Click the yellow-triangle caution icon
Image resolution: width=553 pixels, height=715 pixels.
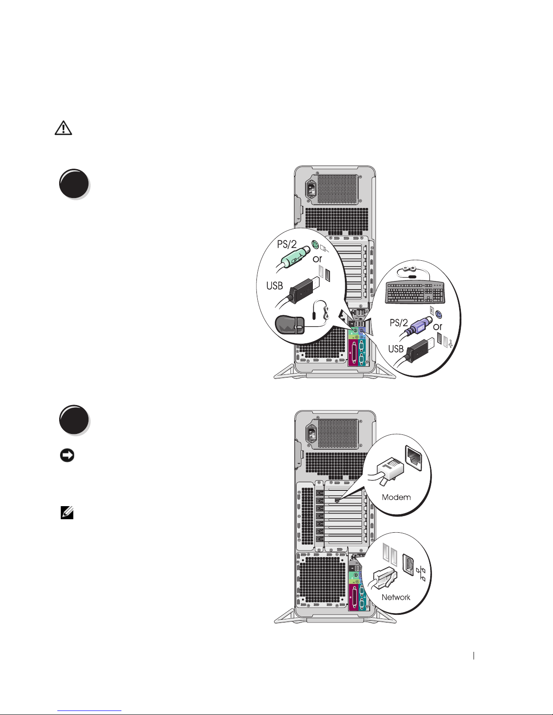click(63, 128)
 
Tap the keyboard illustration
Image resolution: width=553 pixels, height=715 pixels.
click(414, 292)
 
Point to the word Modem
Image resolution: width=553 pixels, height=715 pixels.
click(396, 497)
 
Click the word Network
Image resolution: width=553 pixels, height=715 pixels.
click(396, 597)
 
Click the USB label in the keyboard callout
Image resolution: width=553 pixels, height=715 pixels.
click(396, 349)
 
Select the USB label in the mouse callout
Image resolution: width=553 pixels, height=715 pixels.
click(274, 285)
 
